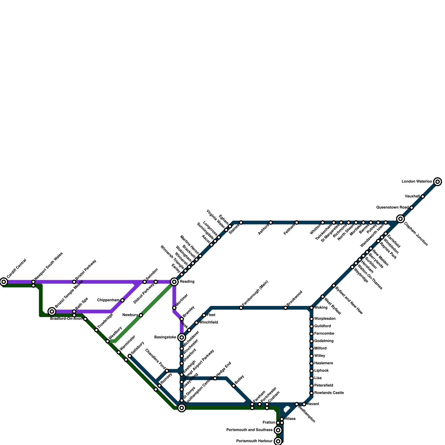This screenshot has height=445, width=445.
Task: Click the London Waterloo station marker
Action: (x=437, y=182)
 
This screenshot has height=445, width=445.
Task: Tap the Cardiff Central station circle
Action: (x=4, y=282)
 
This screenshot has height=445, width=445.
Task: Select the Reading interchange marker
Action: (x=174, y=282)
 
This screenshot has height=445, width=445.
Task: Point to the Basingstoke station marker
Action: (x=182, y=337)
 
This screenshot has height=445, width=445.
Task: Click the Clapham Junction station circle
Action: (x=400, y=219)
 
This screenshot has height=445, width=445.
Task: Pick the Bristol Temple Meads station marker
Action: (x=52, y=311)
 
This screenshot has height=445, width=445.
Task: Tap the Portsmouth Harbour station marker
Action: (x=278, y=441)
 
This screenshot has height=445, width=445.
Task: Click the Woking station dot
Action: (x=311, y=308)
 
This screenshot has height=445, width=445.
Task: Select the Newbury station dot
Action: (x=141, y=315)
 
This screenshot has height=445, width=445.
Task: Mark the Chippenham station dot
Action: (x=122, y=300)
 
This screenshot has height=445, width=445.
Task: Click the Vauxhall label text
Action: (x=412, y=196)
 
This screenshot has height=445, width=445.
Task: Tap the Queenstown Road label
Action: (x=392, y=207)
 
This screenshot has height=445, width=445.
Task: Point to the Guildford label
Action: (x=322, y=326)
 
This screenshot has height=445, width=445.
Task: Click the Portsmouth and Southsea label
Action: (x=249, y=430)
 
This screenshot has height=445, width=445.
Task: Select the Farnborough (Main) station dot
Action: (x=241, y=308)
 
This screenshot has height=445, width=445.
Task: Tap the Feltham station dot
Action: (x=297, y=222)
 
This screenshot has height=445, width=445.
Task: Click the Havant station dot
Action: (x=304, y=404)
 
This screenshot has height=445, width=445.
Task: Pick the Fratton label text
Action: (x=269, y=423)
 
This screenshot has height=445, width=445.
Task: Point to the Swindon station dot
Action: (x=145, y=282)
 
